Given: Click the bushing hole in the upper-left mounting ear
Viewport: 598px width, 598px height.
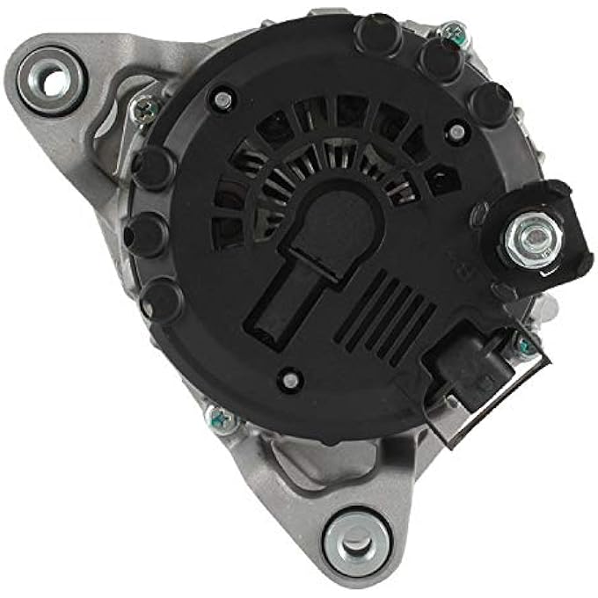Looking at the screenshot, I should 54,82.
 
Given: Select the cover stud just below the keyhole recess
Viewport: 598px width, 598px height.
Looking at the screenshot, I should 288,381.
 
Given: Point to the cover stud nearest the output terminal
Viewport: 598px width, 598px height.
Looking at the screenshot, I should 456,132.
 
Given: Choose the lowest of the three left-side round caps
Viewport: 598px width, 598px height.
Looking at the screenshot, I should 162,298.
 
